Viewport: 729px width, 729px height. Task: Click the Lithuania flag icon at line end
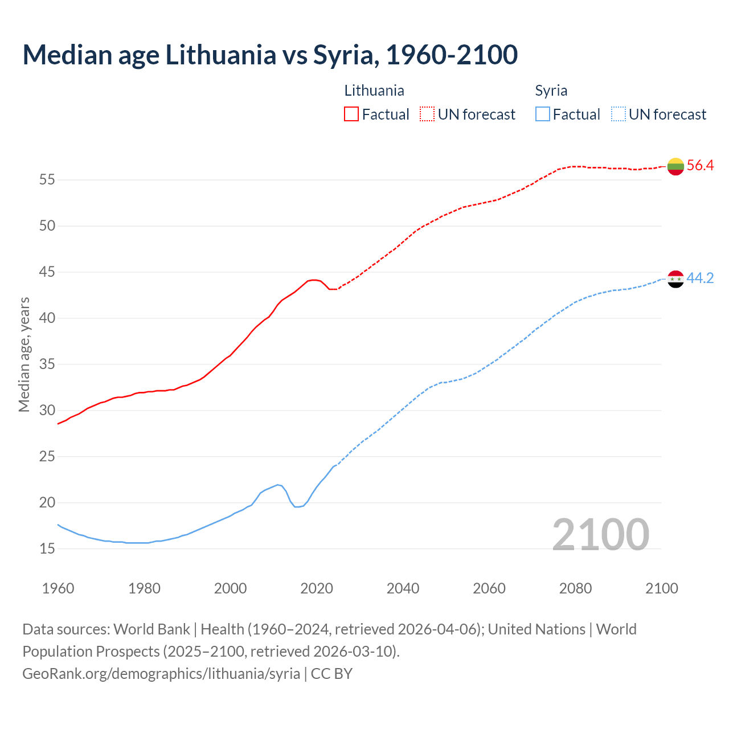click(675, 166)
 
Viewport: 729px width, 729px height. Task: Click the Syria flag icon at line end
click(675, 279)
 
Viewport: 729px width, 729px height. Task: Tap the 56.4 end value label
click(700, 166)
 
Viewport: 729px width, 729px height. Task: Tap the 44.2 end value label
click(700, 279)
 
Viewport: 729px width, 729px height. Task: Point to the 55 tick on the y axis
click(47, 180)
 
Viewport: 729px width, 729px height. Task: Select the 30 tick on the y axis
click(47, 411)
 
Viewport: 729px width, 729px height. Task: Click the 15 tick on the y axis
click(47, 549)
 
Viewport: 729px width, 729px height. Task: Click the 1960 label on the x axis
click(58, 588)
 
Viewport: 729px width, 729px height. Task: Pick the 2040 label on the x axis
click(403, 588)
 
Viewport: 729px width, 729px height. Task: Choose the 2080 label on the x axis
click(575, 588)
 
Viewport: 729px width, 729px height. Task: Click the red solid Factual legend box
click(351, 114)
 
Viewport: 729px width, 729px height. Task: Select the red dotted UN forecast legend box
click(427, 114)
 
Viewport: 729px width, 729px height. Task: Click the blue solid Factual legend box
click(543, 114)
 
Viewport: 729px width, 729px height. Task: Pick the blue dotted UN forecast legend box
click(619, 114)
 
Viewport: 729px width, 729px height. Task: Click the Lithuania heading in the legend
click(374, 91)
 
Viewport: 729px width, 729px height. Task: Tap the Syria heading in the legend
click(551, 91)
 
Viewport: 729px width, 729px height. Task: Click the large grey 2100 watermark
click(600, 534)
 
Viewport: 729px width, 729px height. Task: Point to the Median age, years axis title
click(24, 354)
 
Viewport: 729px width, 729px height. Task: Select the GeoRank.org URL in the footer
click(161, 674)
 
